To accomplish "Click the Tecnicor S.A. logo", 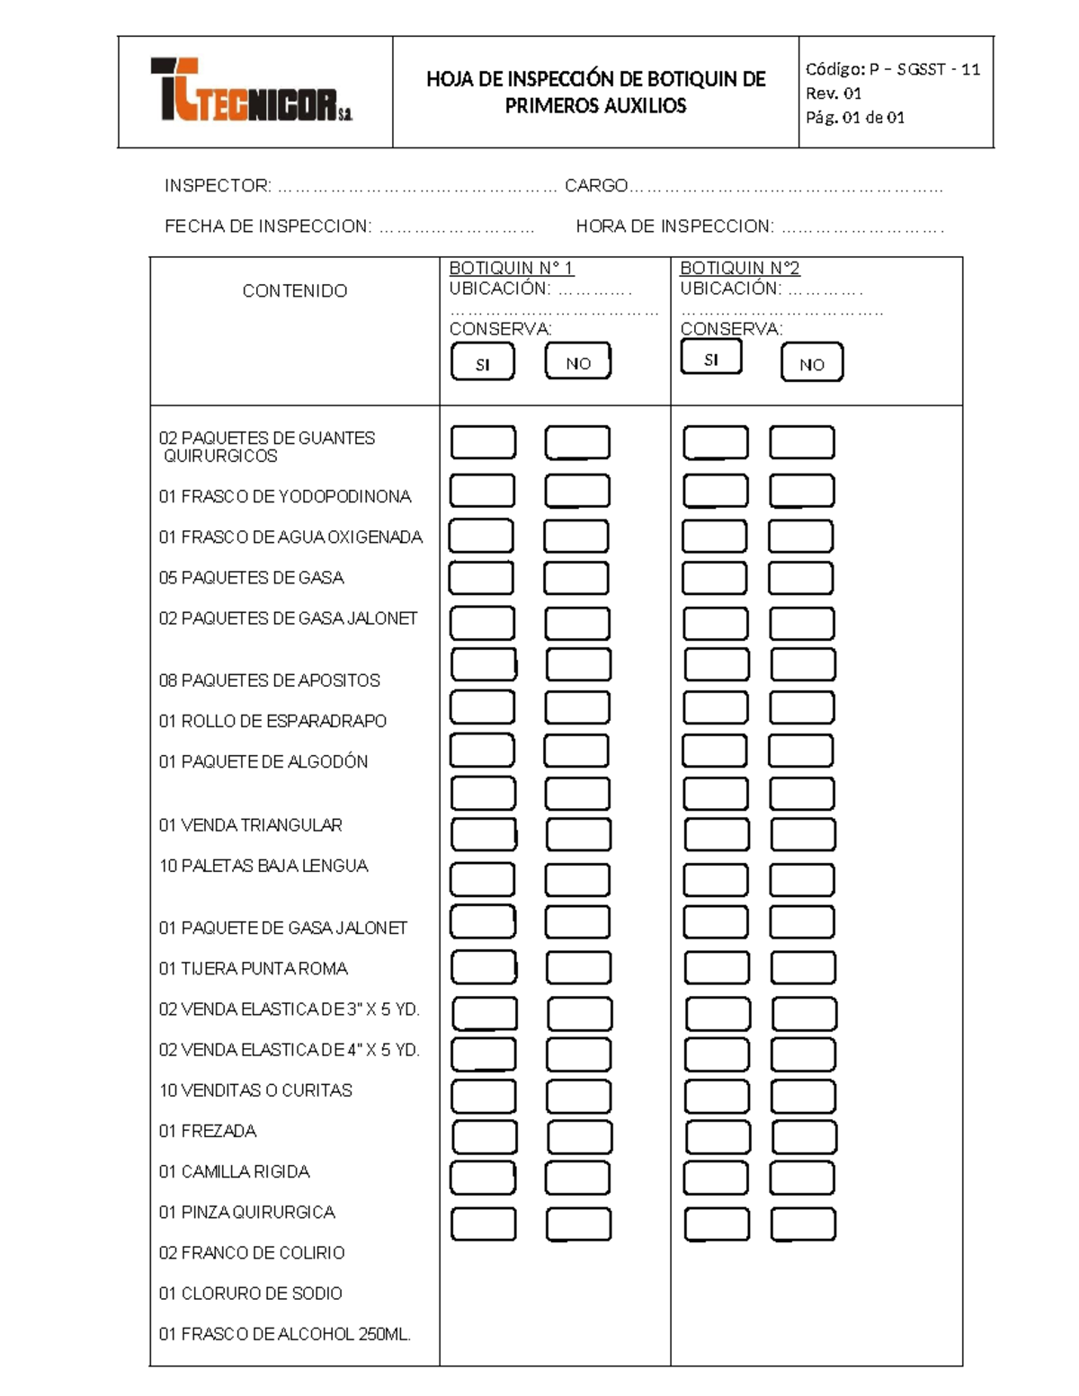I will [x=252, y=91].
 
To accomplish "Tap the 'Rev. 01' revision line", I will [x=834, y=93].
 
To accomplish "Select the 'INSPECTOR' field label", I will [x=218, y=186].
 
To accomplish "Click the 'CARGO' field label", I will [x=596, y=186].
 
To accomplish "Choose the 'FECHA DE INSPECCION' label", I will [x=268, y=227].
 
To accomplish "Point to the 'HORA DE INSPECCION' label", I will [x=674, y=227].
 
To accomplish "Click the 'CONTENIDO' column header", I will [x=294, y=291].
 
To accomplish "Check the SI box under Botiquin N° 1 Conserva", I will [x=483, y=363].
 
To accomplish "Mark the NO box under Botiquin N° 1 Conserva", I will [x=578, y=362].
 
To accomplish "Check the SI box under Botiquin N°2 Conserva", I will [x=711, y=359].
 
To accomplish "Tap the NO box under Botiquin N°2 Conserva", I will [x=812, y=363].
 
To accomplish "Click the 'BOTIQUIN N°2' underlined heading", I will [x=739, y=268].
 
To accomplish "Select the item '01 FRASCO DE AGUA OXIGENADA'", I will [x=290, y=538].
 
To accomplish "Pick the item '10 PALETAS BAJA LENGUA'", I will [x=263, y=866].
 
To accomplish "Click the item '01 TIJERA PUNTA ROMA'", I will [x=253, y=969].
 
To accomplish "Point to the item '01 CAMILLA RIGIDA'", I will [x=234, y=1172].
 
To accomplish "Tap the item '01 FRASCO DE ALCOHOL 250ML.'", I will [x=284, y=1335].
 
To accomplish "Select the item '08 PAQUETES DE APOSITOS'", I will [x=269, y=680].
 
